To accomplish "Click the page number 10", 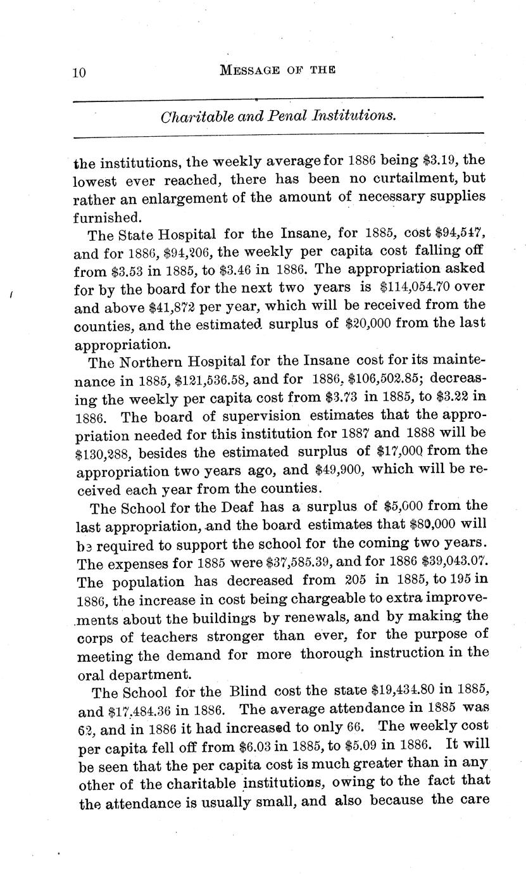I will (x=78, y=73).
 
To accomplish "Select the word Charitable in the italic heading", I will (x=190, y=117).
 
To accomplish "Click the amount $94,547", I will (x=456, y=235).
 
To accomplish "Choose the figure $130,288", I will (x=103, y=454).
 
